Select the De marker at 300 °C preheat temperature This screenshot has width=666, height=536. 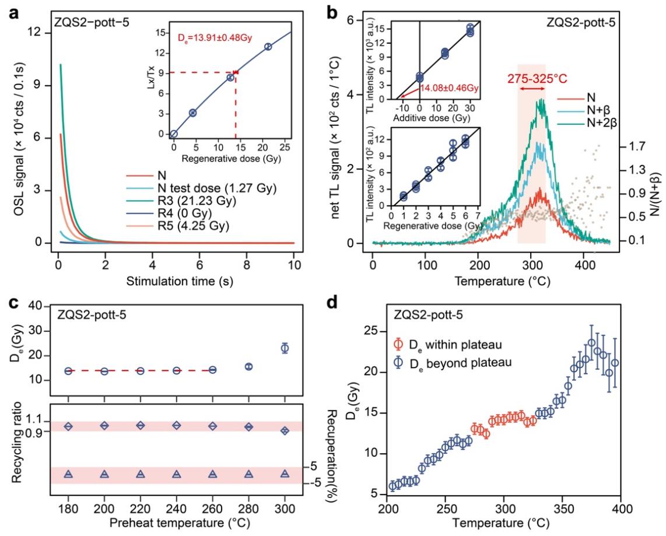(x=285, y=348)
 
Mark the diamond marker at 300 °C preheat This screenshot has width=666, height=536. (x=285, y=430)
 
